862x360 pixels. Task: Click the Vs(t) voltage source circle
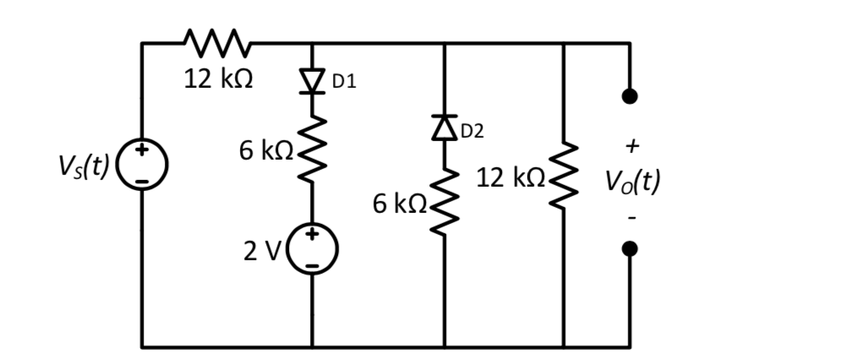click(x=142, y=164)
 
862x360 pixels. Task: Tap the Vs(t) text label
click(x=82, y=166)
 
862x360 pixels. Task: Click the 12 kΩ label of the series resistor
click(x=219, y=79)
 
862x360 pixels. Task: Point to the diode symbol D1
click(x=312, y=80)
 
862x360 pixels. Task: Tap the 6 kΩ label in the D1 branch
click(x=265, y=150)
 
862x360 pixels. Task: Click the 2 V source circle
click(x=312, y=249)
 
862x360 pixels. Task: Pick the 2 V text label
click(x=261, y=251)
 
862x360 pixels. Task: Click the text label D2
click(x=472, y=130)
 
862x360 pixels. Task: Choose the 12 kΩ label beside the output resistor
click(x=510, y=177)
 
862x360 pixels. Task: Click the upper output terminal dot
click(x=629, y=96)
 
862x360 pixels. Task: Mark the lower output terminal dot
click(x=629, y=249)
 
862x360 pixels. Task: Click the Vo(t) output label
click(x=631, y=181)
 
